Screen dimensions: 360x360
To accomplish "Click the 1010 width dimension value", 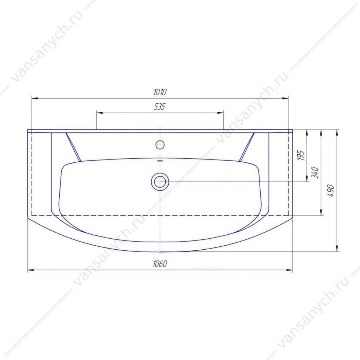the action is pyautogui.click(x=160, y=92).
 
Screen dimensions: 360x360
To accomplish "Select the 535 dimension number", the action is pyautogui.click(x=160, y=107).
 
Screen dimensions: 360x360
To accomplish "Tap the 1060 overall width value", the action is pyautogui.click(x=160, y=264).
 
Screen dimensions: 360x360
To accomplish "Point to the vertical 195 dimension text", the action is pyautogui.click(x=301, y=155).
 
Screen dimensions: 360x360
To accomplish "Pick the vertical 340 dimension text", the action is pyautogui.click(x=315, y=173).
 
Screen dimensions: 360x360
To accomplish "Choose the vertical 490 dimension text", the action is pyautogui.click(x=331, y=190).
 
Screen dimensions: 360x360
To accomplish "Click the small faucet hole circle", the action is pyautogui.click(x=160, y=145).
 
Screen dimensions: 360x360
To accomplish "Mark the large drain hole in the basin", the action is pyautogui.click(x=160, y=181).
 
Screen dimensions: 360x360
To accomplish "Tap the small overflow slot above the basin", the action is pyautogui.click(x=160, y=161).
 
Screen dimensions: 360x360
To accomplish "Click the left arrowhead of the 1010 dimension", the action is pyautogui.click(x=35, y=99).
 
